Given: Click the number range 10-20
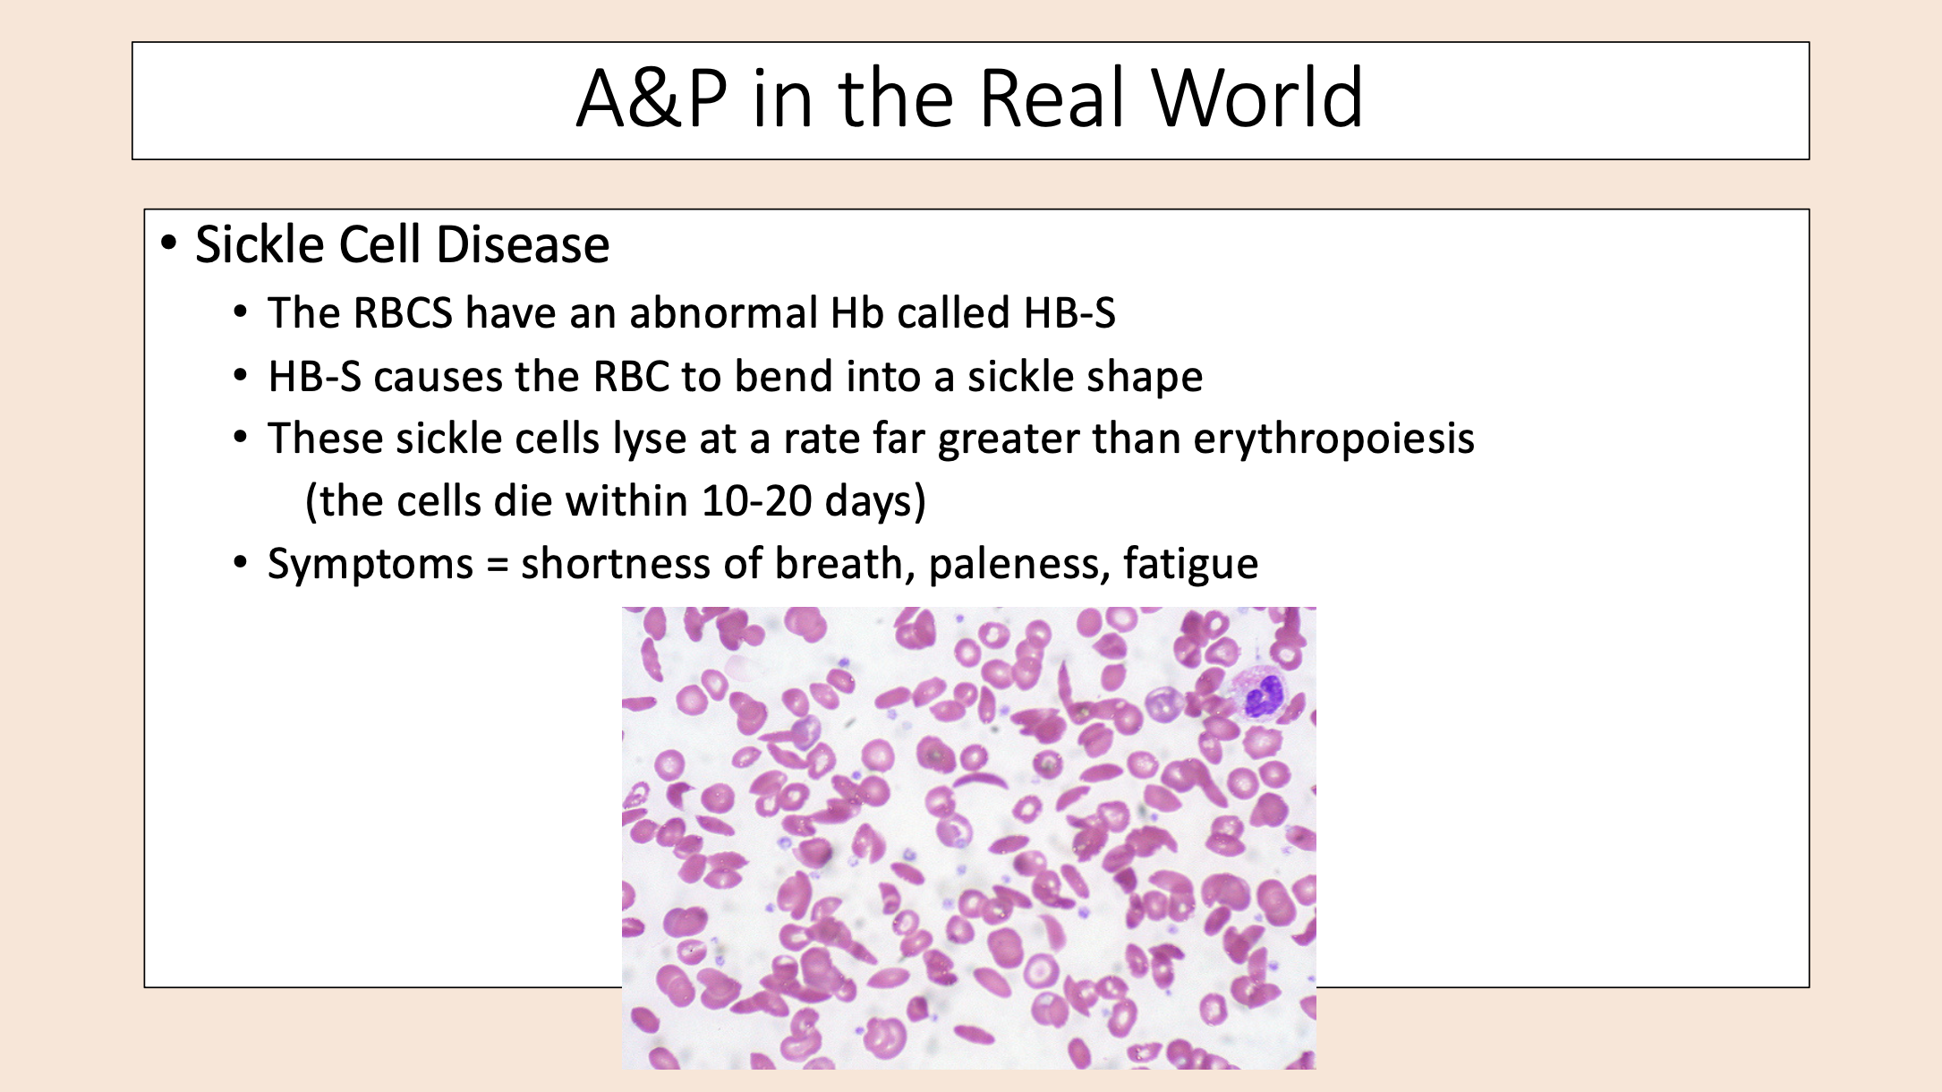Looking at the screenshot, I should click(x=756, y=501).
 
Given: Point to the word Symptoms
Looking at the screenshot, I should click(x=371, y=565).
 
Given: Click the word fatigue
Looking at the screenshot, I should click(x=1190, y=565).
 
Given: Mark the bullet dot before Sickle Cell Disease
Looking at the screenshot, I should click(x=168, y=243).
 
